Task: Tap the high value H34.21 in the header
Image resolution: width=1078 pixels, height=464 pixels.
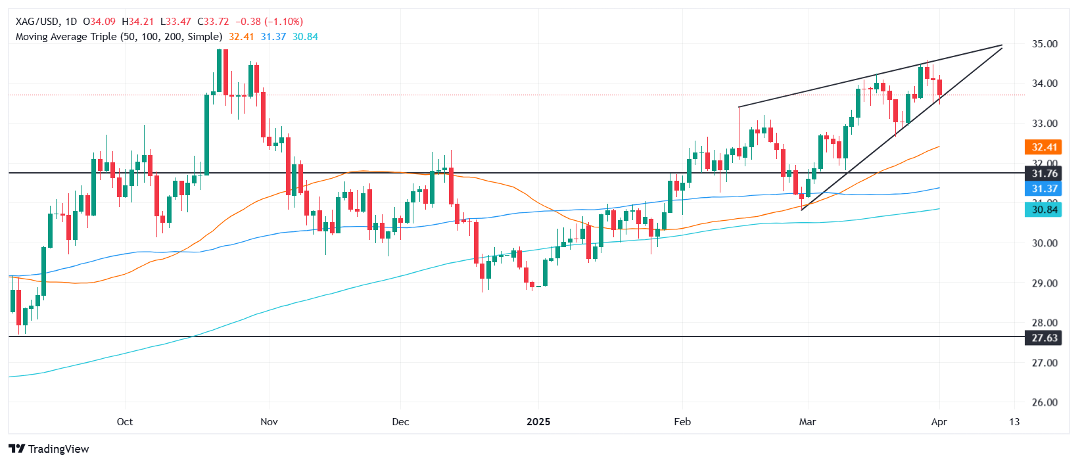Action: point(138,22)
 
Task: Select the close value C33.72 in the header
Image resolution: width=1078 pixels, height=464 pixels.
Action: point(214,22)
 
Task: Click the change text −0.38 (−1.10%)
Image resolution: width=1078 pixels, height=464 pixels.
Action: point(269,22)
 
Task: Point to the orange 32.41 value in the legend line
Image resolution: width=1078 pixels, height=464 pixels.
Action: point(241,37)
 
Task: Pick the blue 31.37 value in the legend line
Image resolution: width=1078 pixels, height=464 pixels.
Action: point(273,37)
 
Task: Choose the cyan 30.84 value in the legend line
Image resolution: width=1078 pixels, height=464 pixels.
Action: point(305,37)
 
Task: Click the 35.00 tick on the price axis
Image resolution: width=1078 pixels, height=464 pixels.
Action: point(1044,44)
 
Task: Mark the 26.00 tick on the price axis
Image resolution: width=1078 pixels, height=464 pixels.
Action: point(1044,403)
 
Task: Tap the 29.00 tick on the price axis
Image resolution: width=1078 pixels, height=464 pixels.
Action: point(1044,283)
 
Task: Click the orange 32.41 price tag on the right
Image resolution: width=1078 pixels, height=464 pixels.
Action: point(1044,147)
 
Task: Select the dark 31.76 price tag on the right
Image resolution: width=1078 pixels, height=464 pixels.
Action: point(1044,174)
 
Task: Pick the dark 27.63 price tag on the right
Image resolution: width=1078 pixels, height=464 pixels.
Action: point(1044,338)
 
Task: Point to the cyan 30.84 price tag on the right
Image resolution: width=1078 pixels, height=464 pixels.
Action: point(1044,210)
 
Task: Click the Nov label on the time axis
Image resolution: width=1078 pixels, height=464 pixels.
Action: point(269,422)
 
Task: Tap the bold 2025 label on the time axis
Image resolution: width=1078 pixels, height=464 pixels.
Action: point(538,422)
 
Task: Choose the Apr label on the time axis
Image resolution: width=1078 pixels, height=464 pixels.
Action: point(939,422)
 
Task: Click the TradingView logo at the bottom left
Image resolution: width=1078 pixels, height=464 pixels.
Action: point(49,449)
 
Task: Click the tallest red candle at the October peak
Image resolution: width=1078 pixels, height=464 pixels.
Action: point(225,72)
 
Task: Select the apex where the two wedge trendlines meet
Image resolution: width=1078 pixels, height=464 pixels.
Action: point(1002,45)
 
